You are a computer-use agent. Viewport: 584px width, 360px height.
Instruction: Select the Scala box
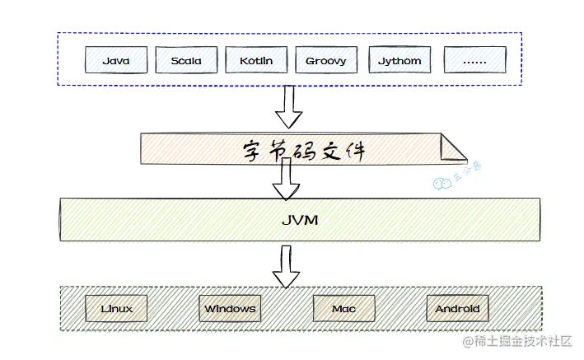186,60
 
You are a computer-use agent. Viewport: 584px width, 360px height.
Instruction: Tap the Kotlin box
256,60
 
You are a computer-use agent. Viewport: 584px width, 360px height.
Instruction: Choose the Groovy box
325,60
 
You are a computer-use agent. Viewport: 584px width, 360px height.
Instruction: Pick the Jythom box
399,60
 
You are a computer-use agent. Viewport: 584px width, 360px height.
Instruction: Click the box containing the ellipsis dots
475,60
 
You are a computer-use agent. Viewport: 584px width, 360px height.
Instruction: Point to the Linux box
117,309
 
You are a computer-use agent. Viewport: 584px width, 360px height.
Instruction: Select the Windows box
230,309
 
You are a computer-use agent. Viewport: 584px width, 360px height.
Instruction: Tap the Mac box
343,309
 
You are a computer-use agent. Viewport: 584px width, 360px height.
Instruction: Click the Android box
457,309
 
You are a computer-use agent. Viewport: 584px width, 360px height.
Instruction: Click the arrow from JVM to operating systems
287,264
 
